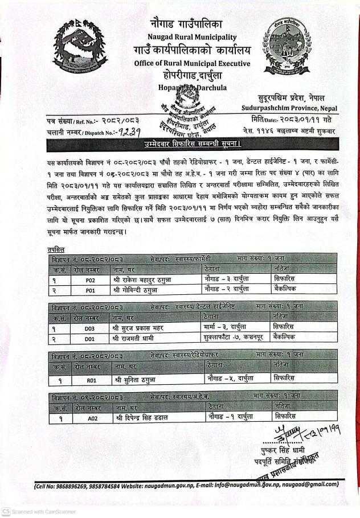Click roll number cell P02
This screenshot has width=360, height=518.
(90, 281)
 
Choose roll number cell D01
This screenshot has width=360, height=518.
(90, 338)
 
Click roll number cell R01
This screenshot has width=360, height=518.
(91, 378)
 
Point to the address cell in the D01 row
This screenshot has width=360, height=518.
(232, 338)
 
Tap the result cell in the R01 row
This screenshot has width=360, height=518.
(285, 378)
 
